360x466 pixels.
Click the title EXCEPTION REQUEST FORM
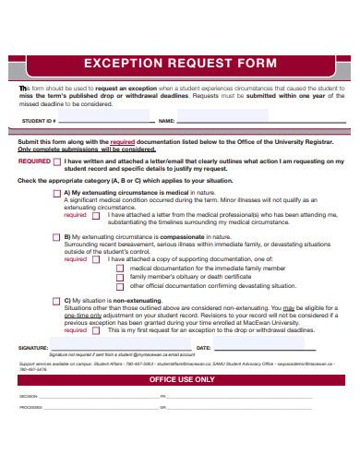(180, 65)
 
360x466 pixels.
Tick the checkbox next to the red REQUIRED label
(58, 161)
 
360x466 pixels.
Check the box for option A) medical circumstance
(56, 193)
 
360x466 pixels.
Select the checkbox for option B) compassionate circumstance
(56, 237)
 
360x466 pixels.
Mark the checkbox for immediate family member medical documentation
(122, 268)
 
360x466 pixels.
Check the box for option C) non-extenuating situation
(56, 301)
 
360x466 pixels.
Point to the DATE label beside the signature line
(204, 347)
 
